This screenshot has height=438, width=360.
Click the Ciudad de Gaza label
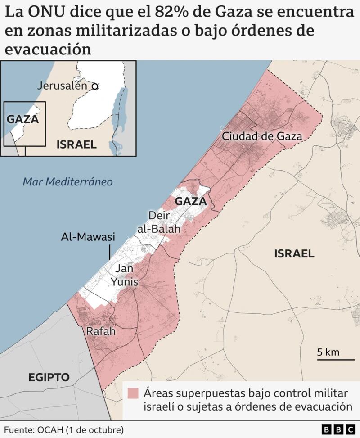point(261,136)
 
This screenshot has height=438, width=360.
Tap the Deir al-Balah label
point(158,222)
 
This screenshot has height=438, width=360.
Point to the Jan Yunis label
point(126,275)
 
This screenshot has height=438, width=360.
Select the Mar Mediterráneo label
point(67,182)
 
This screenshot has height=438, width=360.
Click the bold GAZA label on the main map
point(190,201)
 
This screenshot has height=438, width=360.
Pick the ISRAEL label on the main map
point(294,253)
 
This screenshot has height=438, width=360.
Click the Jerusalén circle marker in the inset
point(94,86)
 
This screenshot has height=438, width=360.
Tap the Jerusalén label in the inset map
point(62,86)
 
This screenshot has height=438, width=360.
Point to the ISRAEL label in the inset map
point(76,144)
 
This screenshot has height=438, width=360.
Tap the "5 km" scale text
point(328,352)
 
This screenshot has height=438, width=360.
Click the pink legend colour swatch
point(133,393)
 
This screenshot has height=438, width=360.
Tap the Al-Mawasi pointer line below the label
point(109,252)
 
